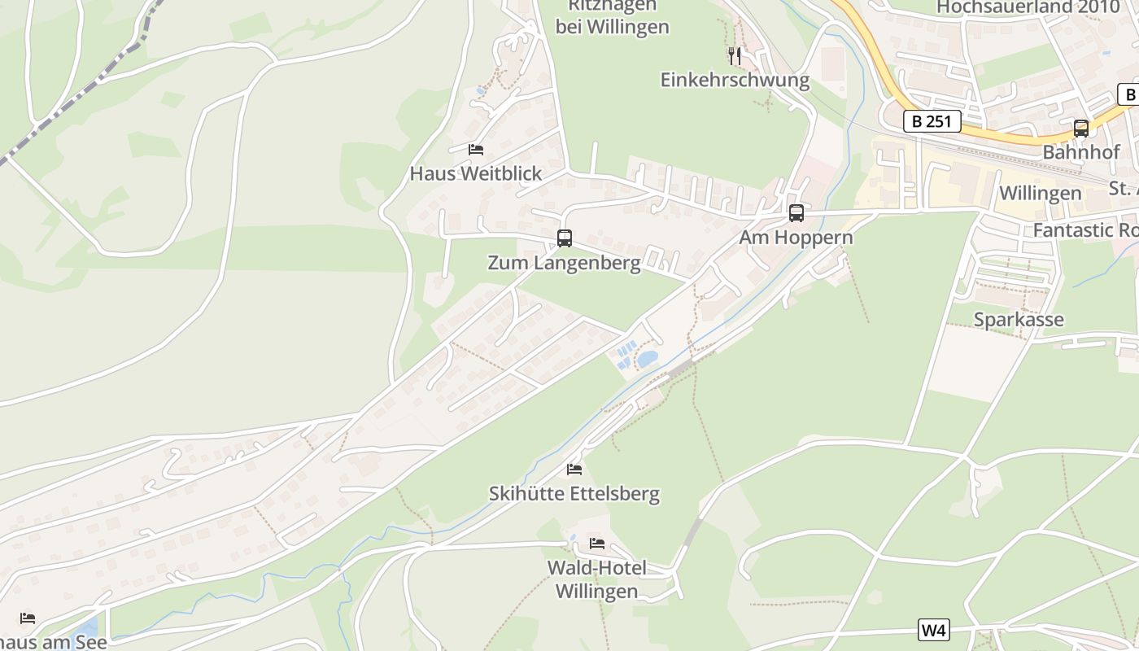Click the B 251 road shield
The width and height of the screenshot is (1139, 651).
click(x=932, y=122)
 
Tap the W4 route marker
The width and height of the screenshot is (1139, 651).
click(x=934, y=630)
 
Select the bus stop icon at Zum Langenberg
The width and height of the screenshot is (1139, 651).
click(x=564, y=238)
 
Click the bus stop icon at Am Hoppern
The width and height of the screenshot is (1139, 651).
click(x=796, y=213)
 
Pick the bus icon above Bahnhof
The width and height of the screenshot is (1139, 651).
click(x=1080, y=128)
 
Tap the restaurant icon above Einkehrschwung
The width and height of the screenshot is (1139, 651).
click(x=735, y=55)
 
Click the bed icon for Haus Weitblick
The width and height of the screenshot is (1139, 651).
click(x=476, y=150)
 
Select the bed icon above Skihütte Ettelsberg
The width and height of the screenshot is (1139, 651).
click(x=574, y=470)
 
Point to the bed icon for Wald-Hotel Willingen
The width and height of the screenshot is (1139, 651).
click(x=597, y=543)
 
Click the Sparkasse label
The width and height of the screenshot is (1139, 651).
click(x=1019, y=320)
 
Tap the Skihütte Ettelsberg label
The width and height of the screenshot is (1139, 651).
click(x=574, y=494)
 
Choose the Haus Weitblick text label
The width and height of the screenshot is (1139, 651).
click(x=476, y=173)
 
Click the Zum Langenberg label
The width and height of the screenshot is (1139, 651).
click(x=564, y=263)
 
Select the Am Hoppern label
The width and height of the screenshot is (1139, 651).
click(x=796, y=238)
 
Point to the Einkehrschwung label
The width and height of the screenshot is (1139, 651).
click(x=735, y=80)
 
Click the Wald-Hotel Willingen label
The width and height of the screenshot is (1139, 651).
click(x=597, y=579)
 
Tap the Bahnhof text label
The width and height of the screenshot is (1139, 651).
click(x=1080, y=152)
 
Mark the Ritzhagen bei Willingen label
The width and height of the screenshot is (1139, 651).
click(x=612, y=16)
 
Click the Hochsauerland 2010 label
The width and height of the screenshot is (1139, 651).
click(x=1028, y=7)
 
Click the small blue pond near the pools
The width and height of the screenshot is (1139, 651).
click(x=648, y=359)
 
